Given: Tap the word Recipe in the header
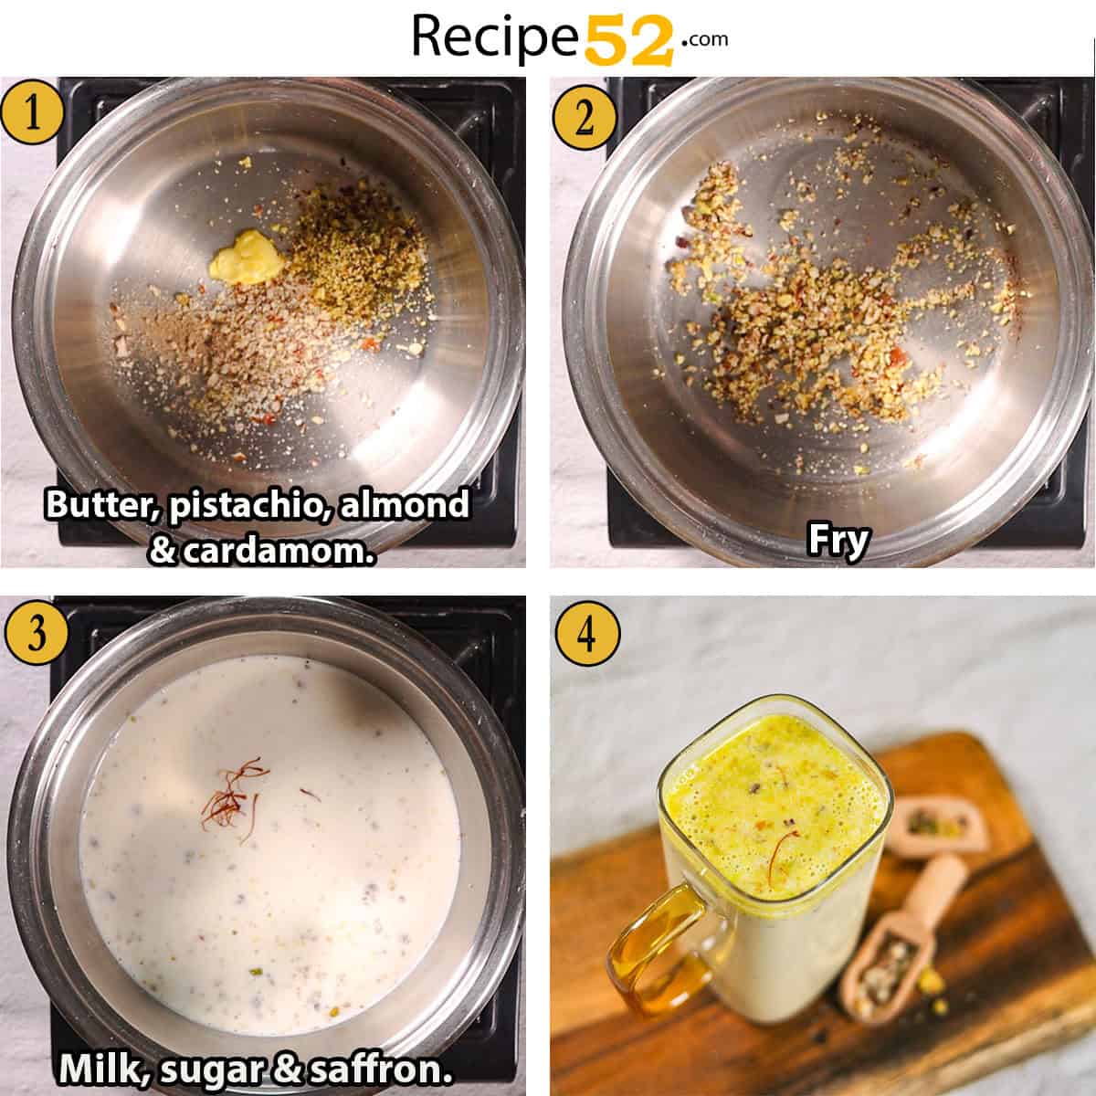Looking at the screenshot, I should coord(496,37).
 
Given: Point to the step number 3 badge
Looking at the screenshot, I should coord(35,633).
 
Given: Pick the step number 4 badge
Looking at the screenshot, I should coord(586,633).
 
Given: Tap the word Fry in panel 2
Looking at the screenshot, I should coord(838,542).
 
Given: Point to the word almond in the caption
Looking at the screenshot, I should coord(405,504).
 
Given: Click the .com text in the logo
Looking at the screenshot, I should coord(703,38).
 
